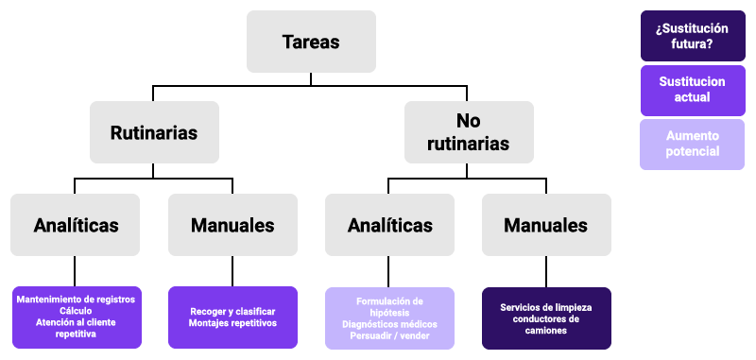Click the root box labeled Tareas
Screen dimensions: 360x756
coord(311,42)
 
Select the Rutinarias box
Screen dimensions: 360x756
coord(154,132)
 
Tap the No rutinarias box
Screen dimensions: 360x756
coord(468,132)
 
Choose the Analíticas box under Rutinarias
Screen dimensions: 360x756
coord(76,225)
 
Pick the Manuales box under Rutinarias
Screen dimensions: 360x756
coord(232,225)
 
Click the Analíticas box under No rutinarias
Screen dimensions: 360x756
coord(389,225)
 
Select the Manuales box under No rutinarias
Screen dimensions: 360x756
coord(545,225)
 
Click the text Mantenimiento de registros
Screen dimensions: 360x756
coord(76,300)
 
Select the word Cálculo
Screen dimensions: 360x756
coord(76,311)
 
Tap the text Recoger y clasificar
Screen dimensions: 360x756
coord(232,311)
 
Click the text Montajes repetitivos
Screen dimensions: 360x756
coord(232,323)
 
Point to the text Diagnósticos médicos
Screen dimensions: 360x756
coord(389,324)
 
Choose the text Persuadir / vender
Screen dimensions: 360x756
coord(389,335)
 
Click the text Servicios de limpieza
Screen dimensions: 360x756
coord(546,307)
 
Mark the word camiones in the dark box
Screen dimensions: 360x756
coord(546,331)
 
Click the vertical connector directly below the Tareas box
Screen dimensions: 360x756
coord(311,79)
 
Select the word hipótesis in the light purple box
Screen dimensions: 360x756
coord(389,313)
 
